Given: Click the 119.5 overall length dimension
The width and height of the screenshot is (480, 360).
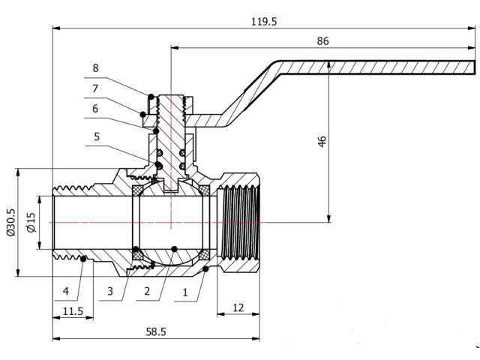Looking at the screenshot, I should tap(265, 22).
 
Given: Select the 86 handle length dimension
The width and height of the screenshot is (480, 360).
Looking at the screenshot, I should tap(322, 41).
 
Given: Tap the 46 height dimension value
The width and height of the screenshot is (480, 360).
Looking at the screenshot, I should tap(322, 142).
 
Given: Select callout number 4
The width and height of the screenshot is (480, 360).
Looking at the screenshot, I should tap(66, 290).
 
